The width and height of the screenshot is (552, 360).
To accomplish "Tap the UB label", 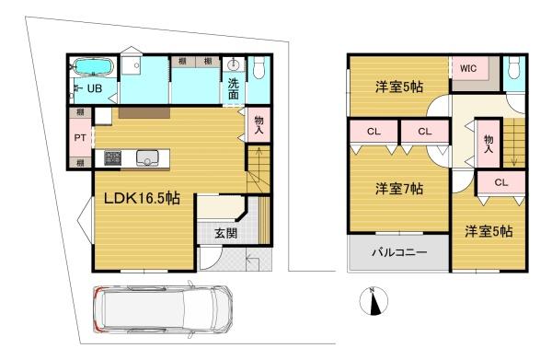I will (x=94, y=89).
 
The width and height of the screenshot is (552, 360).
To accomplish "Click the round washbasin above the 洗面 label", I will (x=235, y=65).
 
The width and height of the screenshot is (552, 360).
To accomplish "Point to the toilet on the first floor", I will (x=259, y=67).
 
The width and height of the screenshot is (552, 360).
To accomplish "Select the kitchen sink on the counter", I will (x=147, y=158).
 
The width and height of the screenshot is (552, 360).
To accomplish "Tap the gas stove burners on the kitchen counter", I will (x=112, y=158).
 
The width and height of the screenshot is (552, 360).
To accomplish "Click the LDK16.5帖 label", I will (x=140, y=199).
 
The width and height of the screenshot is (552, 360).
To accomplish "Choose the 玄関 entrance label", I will (x=226, y=233).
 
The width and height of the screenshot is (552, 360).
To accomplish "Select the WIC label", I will (x=468, y=68).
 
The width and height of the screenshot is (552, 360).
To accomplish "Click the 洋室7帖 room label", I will (x=397, y=189).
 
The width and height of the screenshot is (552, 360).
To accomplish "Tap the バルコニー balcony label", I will (x=397, y=252).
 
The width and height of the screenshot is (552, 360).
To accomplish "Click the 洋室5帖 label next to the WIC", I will (x=397, y=87).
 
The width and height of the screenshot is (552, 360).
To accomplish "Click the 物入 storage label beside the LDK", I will (x=258, y=125).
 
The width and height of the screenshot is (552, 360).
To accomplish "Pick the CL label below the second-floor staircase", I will (x=500, y=182).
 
